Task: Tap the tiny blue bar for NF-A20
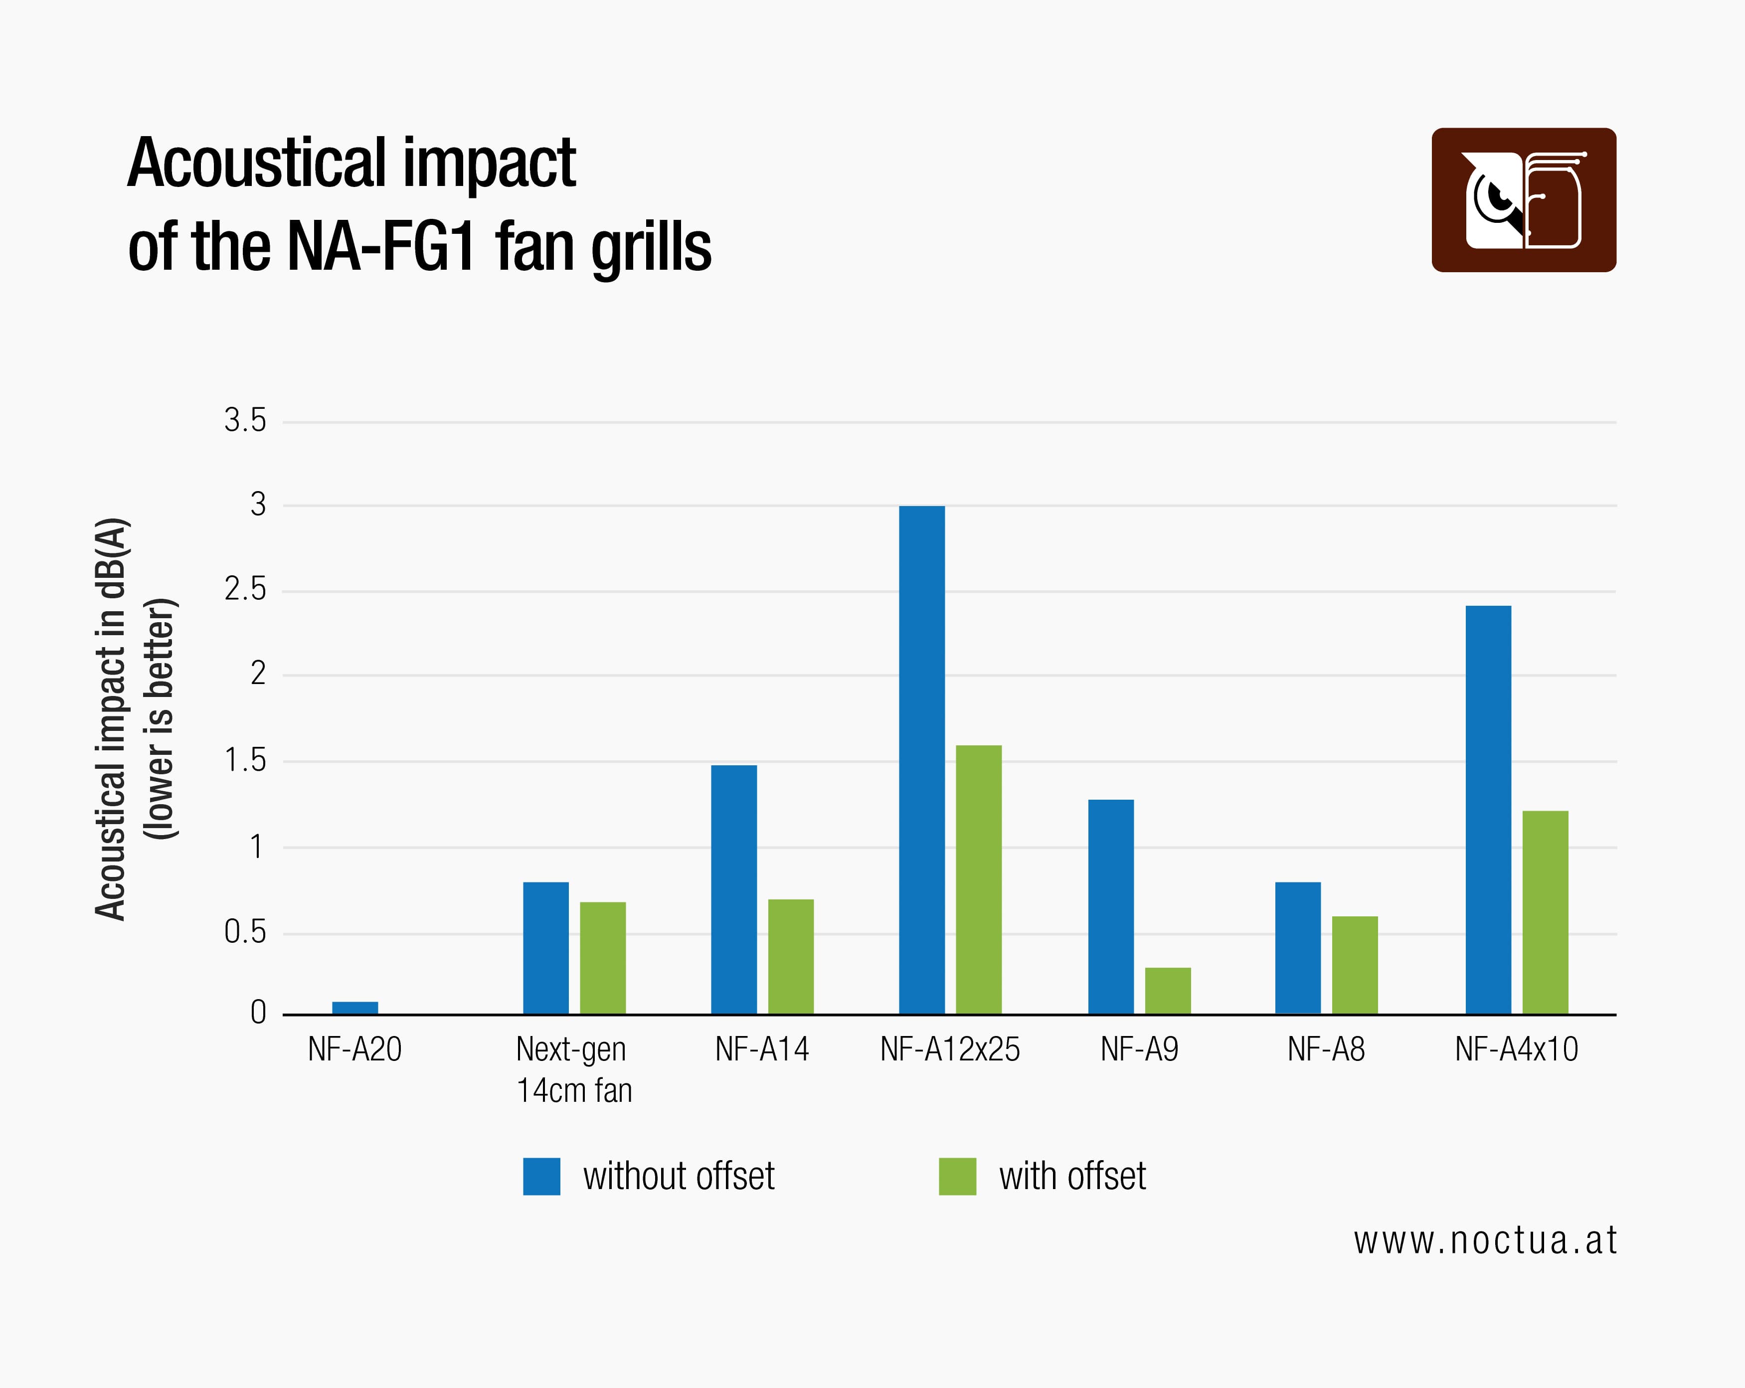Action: pyautogui.click(x=354, y=1008)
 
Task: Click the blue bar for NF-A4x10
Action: pyautogui.click(x=1488, y=809)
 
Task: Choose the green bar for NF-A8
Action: pyautogui.click(x=1355, y=965)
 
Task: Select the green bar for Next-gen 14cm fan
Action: pyautogui.click(x=603, y=957)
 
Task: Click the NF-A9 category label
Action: pyautogui.click(x=1139, y=1049)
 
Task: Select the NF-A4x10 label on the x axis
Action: pyautogui.click(x=1516, y=1049)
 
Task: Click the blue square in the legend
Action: pyautogui.click(x=541, y=1176)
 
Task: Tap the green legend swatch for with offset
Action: pyautogui.click(x=957, y=1176)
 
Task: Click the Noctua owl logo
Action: pyautogui.click(x=1523, y=200)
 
